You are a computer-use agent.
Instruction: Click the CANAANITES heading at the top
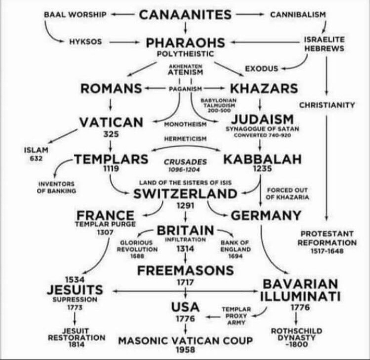pyautogui.click(x=186, y=14)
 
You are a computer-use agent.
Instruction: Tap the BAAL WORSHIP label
pyautogui.click(x=75, y=14)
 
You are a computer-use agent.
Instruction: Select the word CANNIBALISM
pyautogui.click(x=298, y=14)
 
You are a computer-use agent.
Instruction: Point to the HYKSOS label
pyautogui.click(x=85, y=41)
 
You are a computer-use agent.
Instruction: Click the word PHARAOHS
pyautogui.click(x=186, y=42)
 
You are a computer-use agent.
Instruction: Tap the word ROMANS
pyautogui.click(x=111, y=89)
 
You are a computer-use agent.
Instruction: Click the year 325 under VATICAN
pyautogui.click(x=110, y=134)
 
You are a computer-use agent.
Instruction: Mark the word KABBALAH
pyautogui.click(x=262, y=159)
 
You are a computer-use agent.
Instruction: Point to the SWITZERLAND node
pyautogui.click(x=185, y=194)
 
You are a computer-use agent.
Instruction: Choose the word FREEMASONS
pyautogui.click(x=185, y=271)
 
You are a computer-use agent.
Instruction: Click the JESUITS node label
pyautogui.click(x=75, y=290)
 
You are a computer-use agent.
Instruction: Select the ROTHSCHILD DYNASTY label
pyautogui.click(x=296, y=334)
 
